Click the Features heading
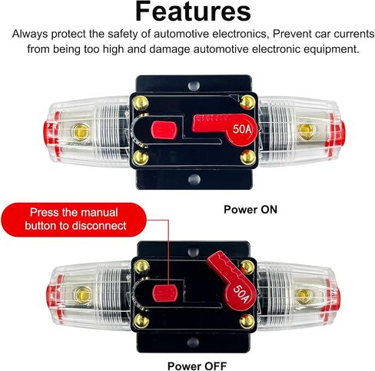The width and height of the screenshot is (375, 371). (x=193, y=12)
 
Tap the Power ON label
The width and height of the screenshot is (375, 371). (x=251, y=210)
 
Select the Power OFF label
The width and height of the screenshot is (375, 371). (x=197, y=366)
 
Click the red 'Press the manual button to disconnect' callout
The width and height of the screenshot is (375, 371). (x=74, y=220)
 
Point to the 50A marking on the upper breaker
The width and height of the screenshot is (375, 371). (x=242, y=129)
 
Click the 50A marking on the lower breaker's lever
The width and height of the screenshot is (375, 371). (x=241, y=293)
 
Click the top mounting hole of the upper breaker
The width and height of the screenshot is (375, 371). (x=194, y=86)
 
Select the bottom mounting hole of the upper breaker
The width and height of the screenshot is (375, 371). (x=194, y=179)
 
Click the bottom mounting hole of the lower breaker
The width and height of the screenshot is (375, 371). (x=193, y=342)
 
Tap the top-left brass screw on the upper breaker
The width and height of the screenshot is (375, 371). (x=141, y=103)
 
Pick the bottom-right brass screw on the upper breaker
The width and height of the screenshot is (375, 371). (x=248, y=157)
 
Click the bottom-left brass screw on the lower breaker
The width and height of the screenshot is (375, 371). (x=141, y=321)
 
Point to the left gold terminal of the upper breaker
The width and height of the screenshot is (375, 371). (x=81, y=131)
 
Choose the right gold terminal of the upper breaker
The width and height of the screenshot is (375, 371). (x=305, y=132)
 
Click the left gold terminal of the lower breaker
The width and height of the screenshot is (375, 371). (x=83, y=295)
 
